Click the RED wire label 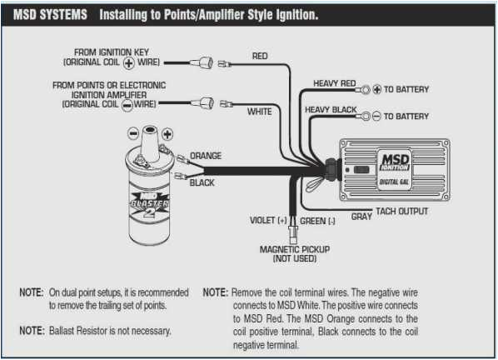pyautogui.click(x=260, y=57)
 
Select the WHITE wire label pyautogui.click(x=260, y=111)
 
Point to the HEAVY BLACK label pyautogui.click(x=332, y=110)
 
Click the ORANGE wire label pyautogui.click(x=206, y=156)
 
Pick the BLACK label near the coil pyautogui.click(x=202, y=182)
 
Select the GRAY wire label pyautogui.click(x=361, y=216)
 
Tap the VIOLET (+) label pyautogui.click(x=268, y=221)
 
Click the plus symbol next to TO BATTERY pyautogui.click(x=376, y=88)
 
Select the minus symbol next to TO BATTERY pyautogui.click(x=376, y=116)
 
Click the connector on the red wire pyautogui.click(x=206, y=62)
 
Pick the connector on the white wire pyautogui.click(x=204, y=103)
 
